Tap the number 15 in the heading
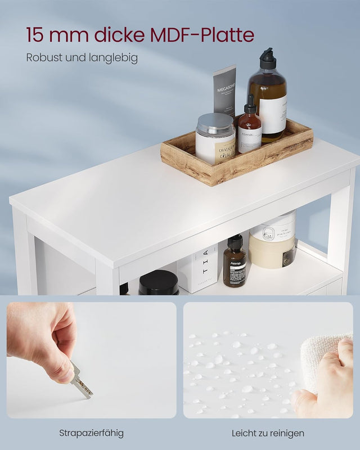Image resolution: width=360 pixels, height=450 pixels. coord(36,35)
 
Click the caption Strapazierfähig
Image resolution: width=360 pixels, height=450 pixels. coord(91,433)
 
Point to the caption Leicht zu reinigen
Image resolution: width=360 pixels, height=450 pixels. coord(268,433)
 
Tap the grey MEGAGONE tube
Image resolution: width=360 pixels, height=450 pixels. coord(225,90)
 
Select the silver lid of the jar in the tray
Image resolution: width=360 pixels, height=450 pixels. coord(215,123)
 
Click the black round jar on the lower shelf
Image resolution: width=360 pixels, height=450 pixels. coord(159,283)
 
